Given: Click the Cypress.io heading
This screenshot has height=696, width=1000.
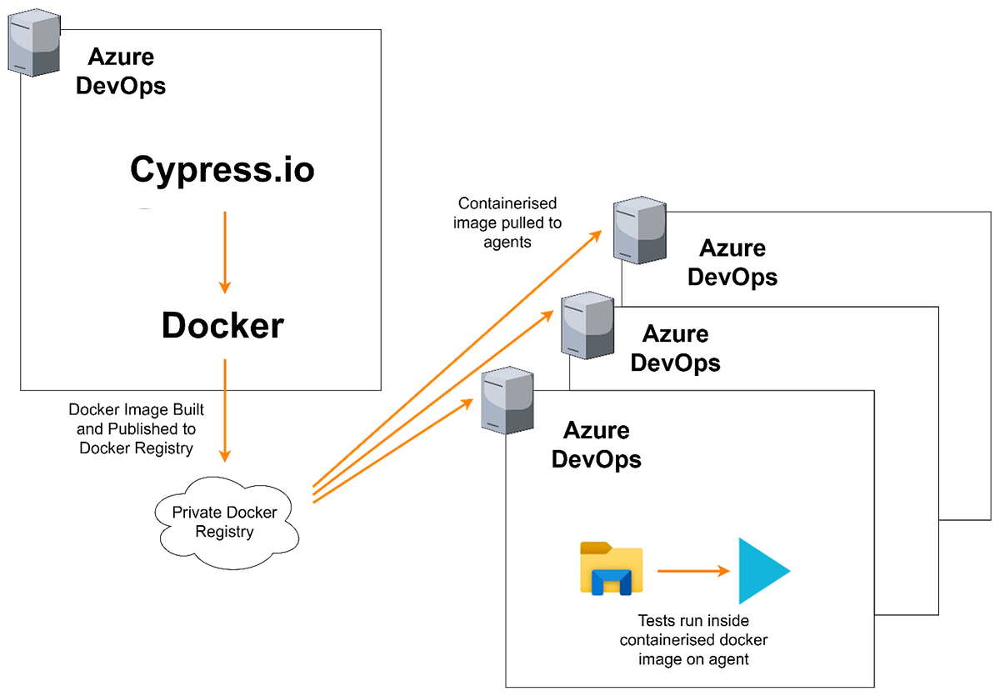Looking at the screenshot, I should pyautogui.click(x=222, y=170).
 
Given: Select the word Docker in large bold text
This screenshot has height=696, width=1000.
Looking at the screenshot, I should pyautogui.click(x=222, y=326).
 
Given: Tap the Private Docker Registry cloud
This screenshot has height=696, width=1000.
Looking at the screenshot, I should pyautogui.click(x=225, y=522).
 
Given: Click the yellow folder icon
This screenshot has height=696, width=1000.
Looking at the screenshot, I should pyautogui.click(x=611, y=569).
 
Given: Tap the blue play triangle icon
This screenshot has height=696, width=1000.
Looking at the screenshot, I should pyautogui.click(x=762, y=571).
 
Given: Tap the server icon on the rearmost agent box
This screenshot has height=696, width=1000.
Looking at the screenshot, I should pyautogui.click(x=640, y=230).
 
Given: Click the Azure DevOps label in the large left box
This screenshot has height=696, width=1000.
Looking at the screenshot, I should pyautogui.click(x=121, y=71).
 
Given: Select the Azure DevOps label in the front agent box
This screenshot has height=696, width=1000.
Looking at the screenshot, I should pyautogui.click(x=597, y=445).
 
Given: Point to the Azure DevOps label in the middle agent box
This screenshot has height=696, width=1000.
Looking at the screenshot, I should pyautogui.click(x=676, y=348).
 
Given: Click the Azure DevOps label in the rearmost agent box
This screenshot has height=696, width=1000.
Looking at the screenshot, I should pyautogui.click(x=732, y=263).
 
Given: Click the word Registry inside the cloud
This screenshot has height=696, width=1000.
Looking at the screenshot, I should pyautogui.click(x=224, y=532).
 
